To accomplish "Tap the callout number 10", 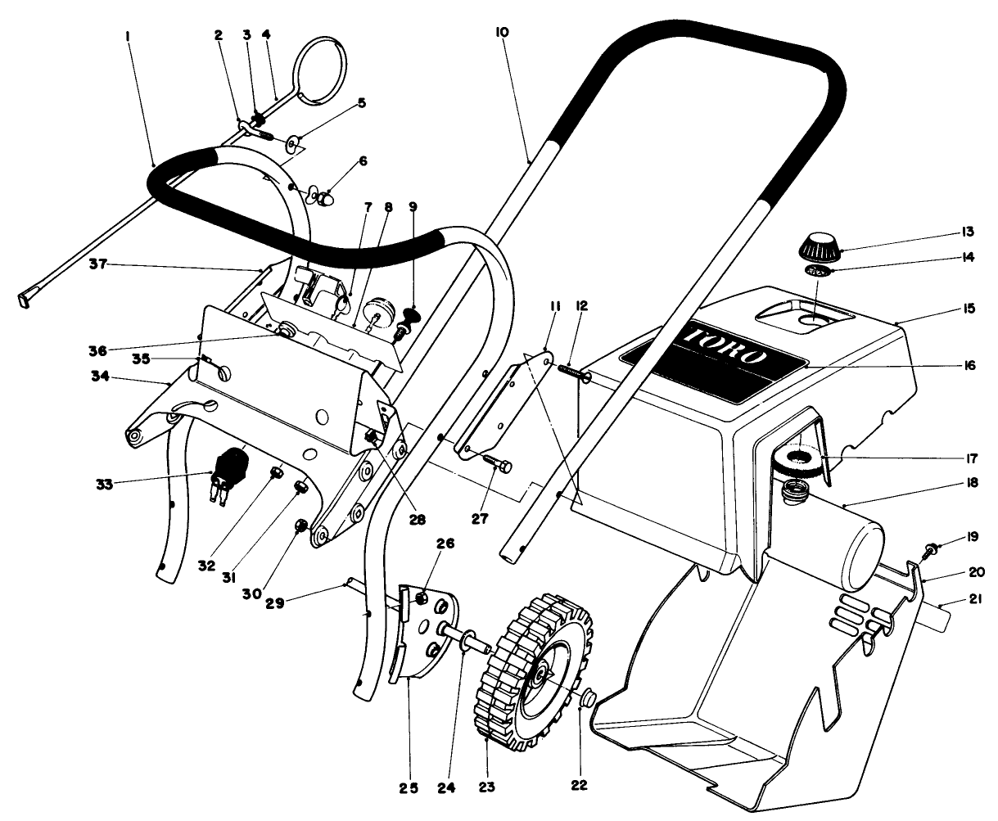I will [502, 32].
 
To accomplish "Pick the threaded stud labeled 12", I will [572, 372].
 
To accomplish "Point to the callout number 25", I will [408, 788].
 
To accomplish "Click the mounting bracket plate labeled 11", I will [499, 399].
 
